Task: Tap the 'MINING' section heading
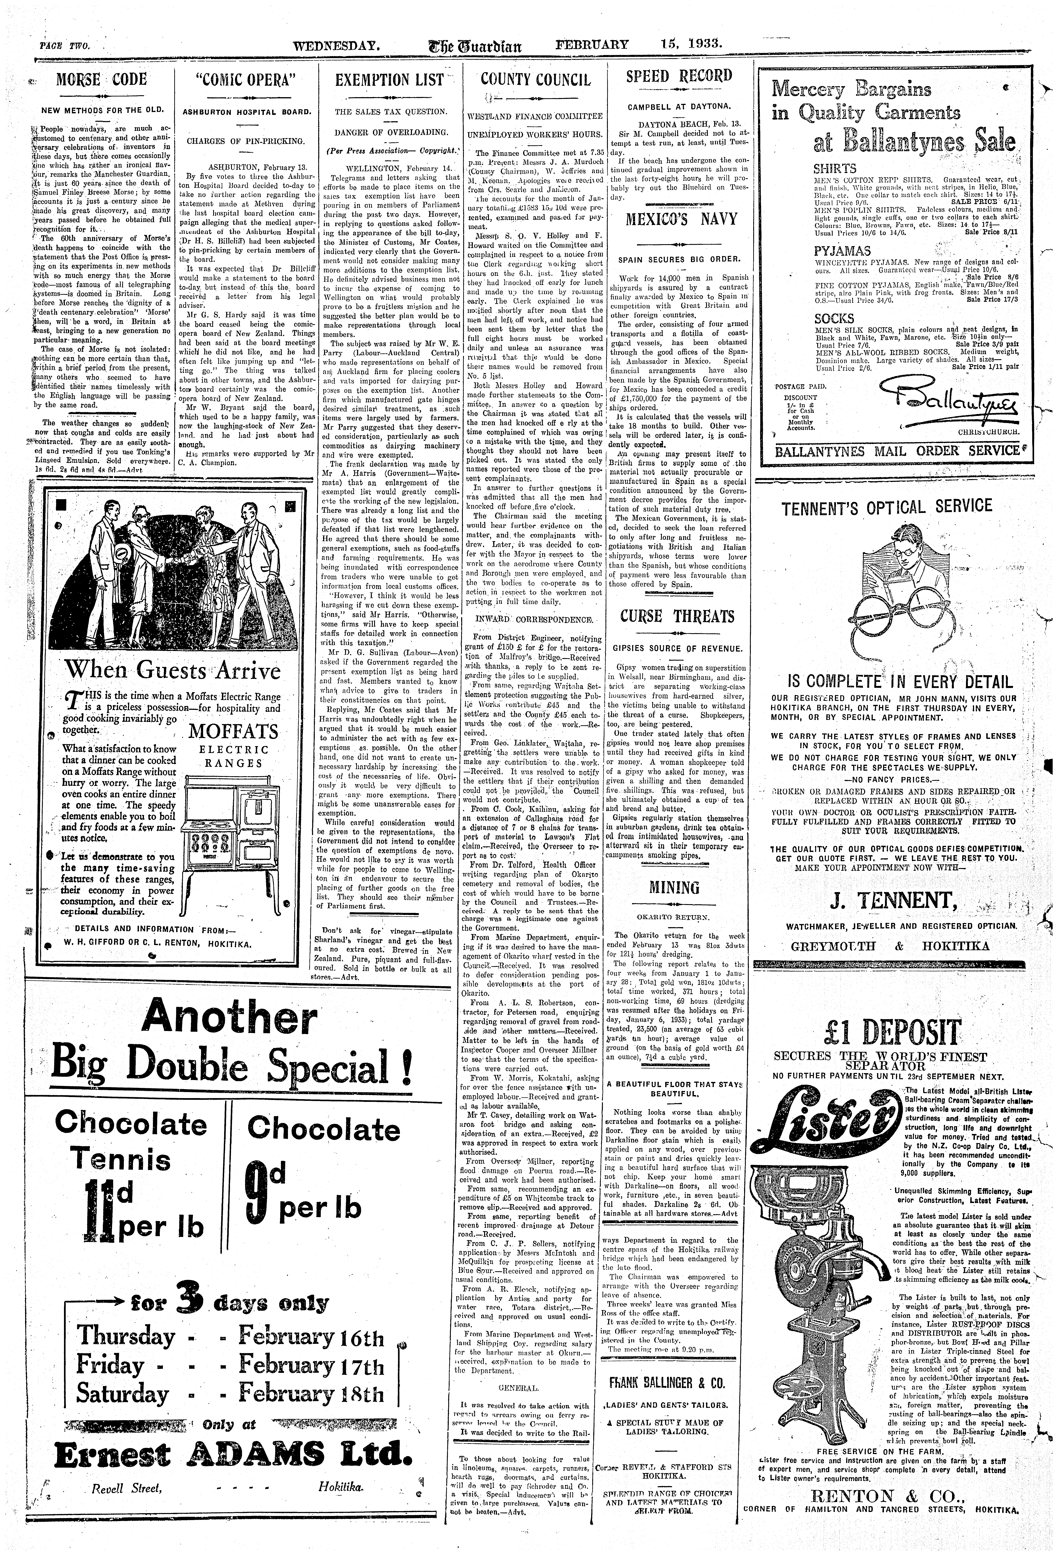[674, 888]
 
